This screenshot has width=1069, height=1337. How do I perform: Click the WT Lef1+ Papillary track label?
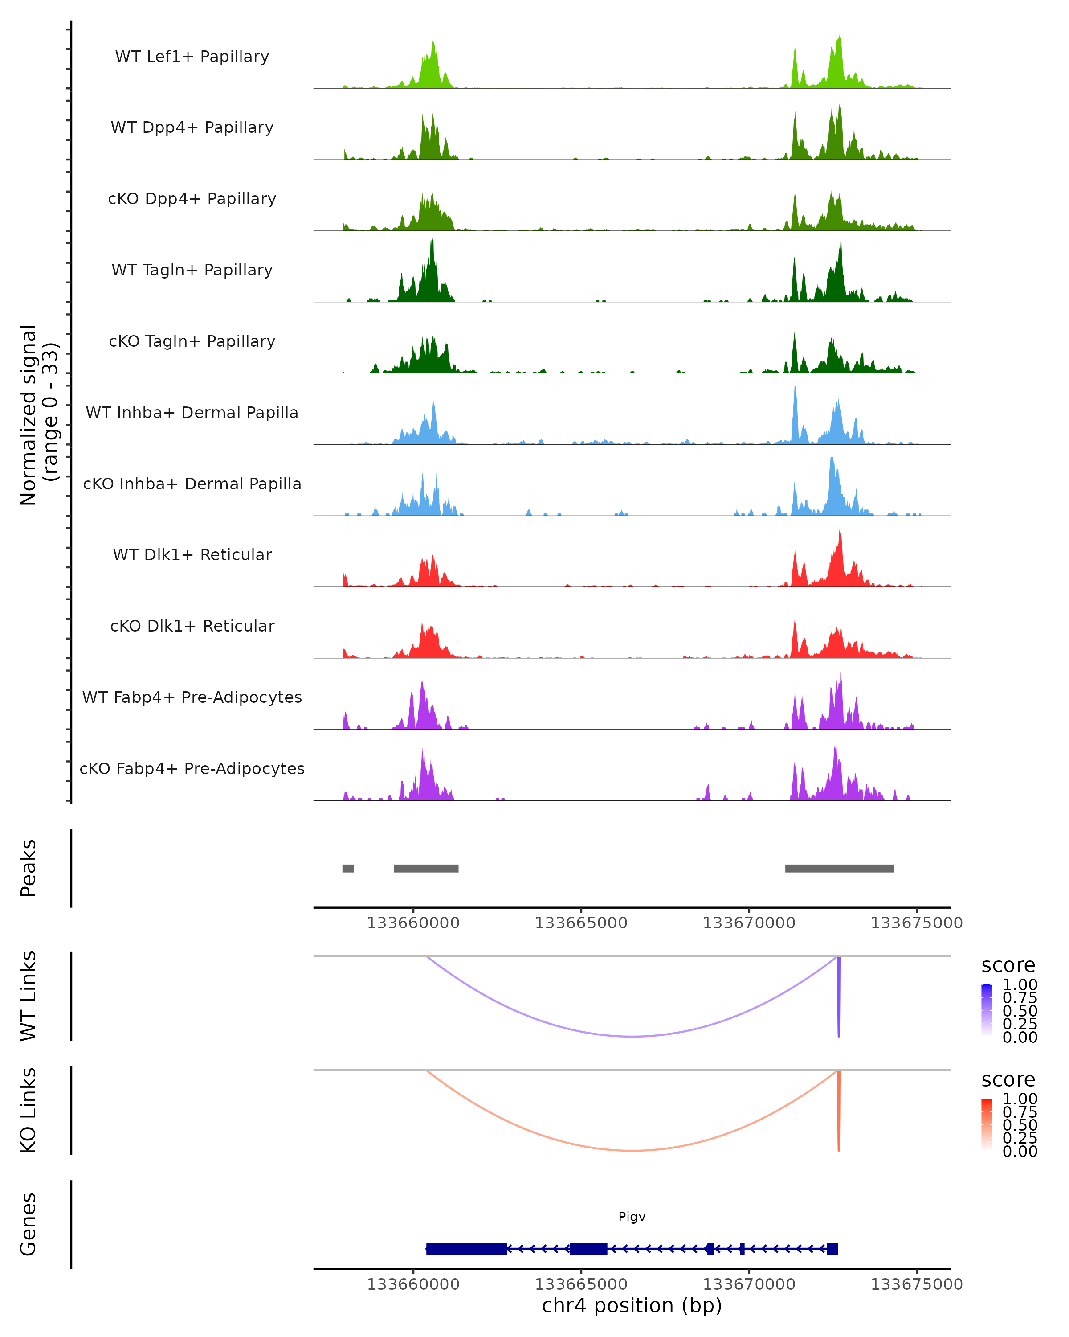192,57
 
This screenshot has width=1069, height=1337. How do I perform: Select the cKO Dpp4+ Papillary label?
192,199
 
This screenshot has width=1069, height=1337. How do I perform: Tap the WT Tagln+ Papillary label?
192,271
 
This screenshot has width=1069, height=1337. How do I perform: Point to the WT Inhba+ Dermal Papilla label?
192,413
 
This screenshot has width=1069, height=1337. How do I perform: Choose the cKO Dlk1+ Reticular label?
192,626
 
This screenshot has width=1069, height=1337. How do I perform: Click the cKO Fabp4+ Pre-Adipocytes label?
192,769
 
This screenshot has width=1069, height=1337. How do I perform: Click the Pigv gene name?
632,1217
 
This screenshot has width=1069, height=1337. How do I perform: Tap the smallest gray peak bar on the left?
348,868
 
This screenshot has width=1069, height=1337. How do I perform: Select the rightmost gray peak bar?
839,868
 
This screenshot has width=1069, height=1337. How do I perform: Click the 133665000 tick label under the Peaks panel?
581,923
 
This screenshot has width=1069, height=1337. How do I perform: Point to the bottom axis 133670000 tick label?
749,1284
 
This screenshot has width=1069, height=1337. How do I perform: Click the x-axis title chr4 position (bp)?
632,1306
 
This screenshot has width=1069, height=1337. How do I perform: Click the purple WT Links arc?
632,1036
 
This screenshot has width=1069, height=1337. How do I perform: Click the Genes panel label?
29,1224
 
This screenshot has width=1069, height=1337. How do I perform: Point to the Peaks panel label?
29,868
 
